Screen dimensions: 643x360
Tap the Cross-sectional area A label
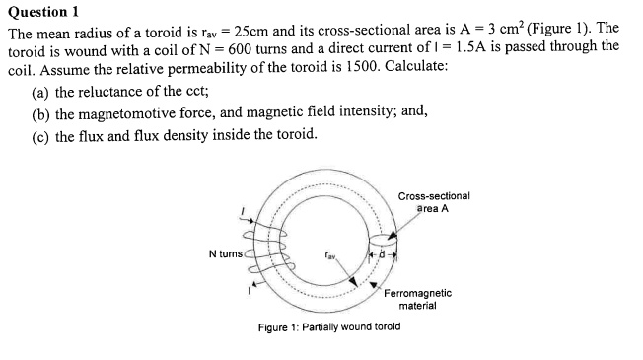[434, 201]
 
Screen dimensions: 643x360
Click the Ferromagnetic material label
[418, 299]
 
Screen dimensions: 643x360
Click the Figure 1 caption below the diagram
[328, 325]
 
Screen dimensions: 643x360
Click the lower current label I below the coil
[248, 292]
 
